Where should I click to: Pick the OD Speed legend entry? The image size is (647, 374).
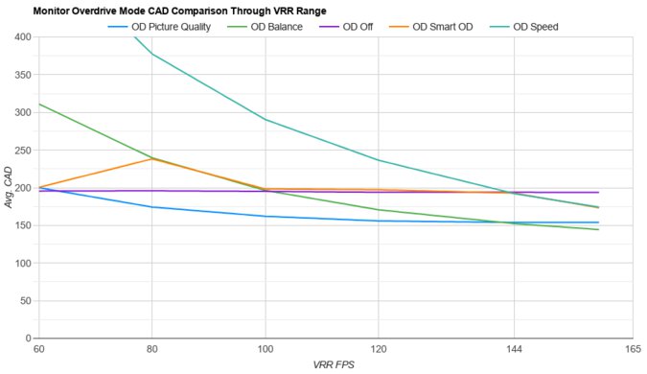tap(538, 26)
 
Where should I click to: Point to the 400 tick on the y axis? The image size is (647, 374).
tap(21, 37)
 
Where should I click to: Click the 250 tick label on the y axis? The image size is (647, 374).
tap(21, 151)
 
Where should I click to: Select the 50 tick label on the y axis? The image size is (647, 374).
tap(24, 301)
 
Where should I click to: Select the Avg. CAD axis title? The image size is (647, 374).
tap(8, 188)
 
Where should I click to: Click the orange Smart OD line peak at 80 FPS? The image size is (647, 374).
tap(151, 158)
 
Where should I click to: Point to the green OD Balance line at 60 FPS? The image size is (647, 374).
tap(38, 104)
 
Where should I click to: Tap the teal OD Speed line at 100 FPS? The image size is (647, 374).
tap(266, 120)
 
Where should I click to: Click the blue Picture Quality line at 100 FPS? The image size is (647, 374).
tap(266, 217)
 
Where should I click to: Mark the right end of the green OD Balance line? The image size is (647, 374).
tap(598, 229)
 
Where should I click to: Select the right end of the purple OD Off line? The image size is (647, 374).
tap(598, 192)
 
